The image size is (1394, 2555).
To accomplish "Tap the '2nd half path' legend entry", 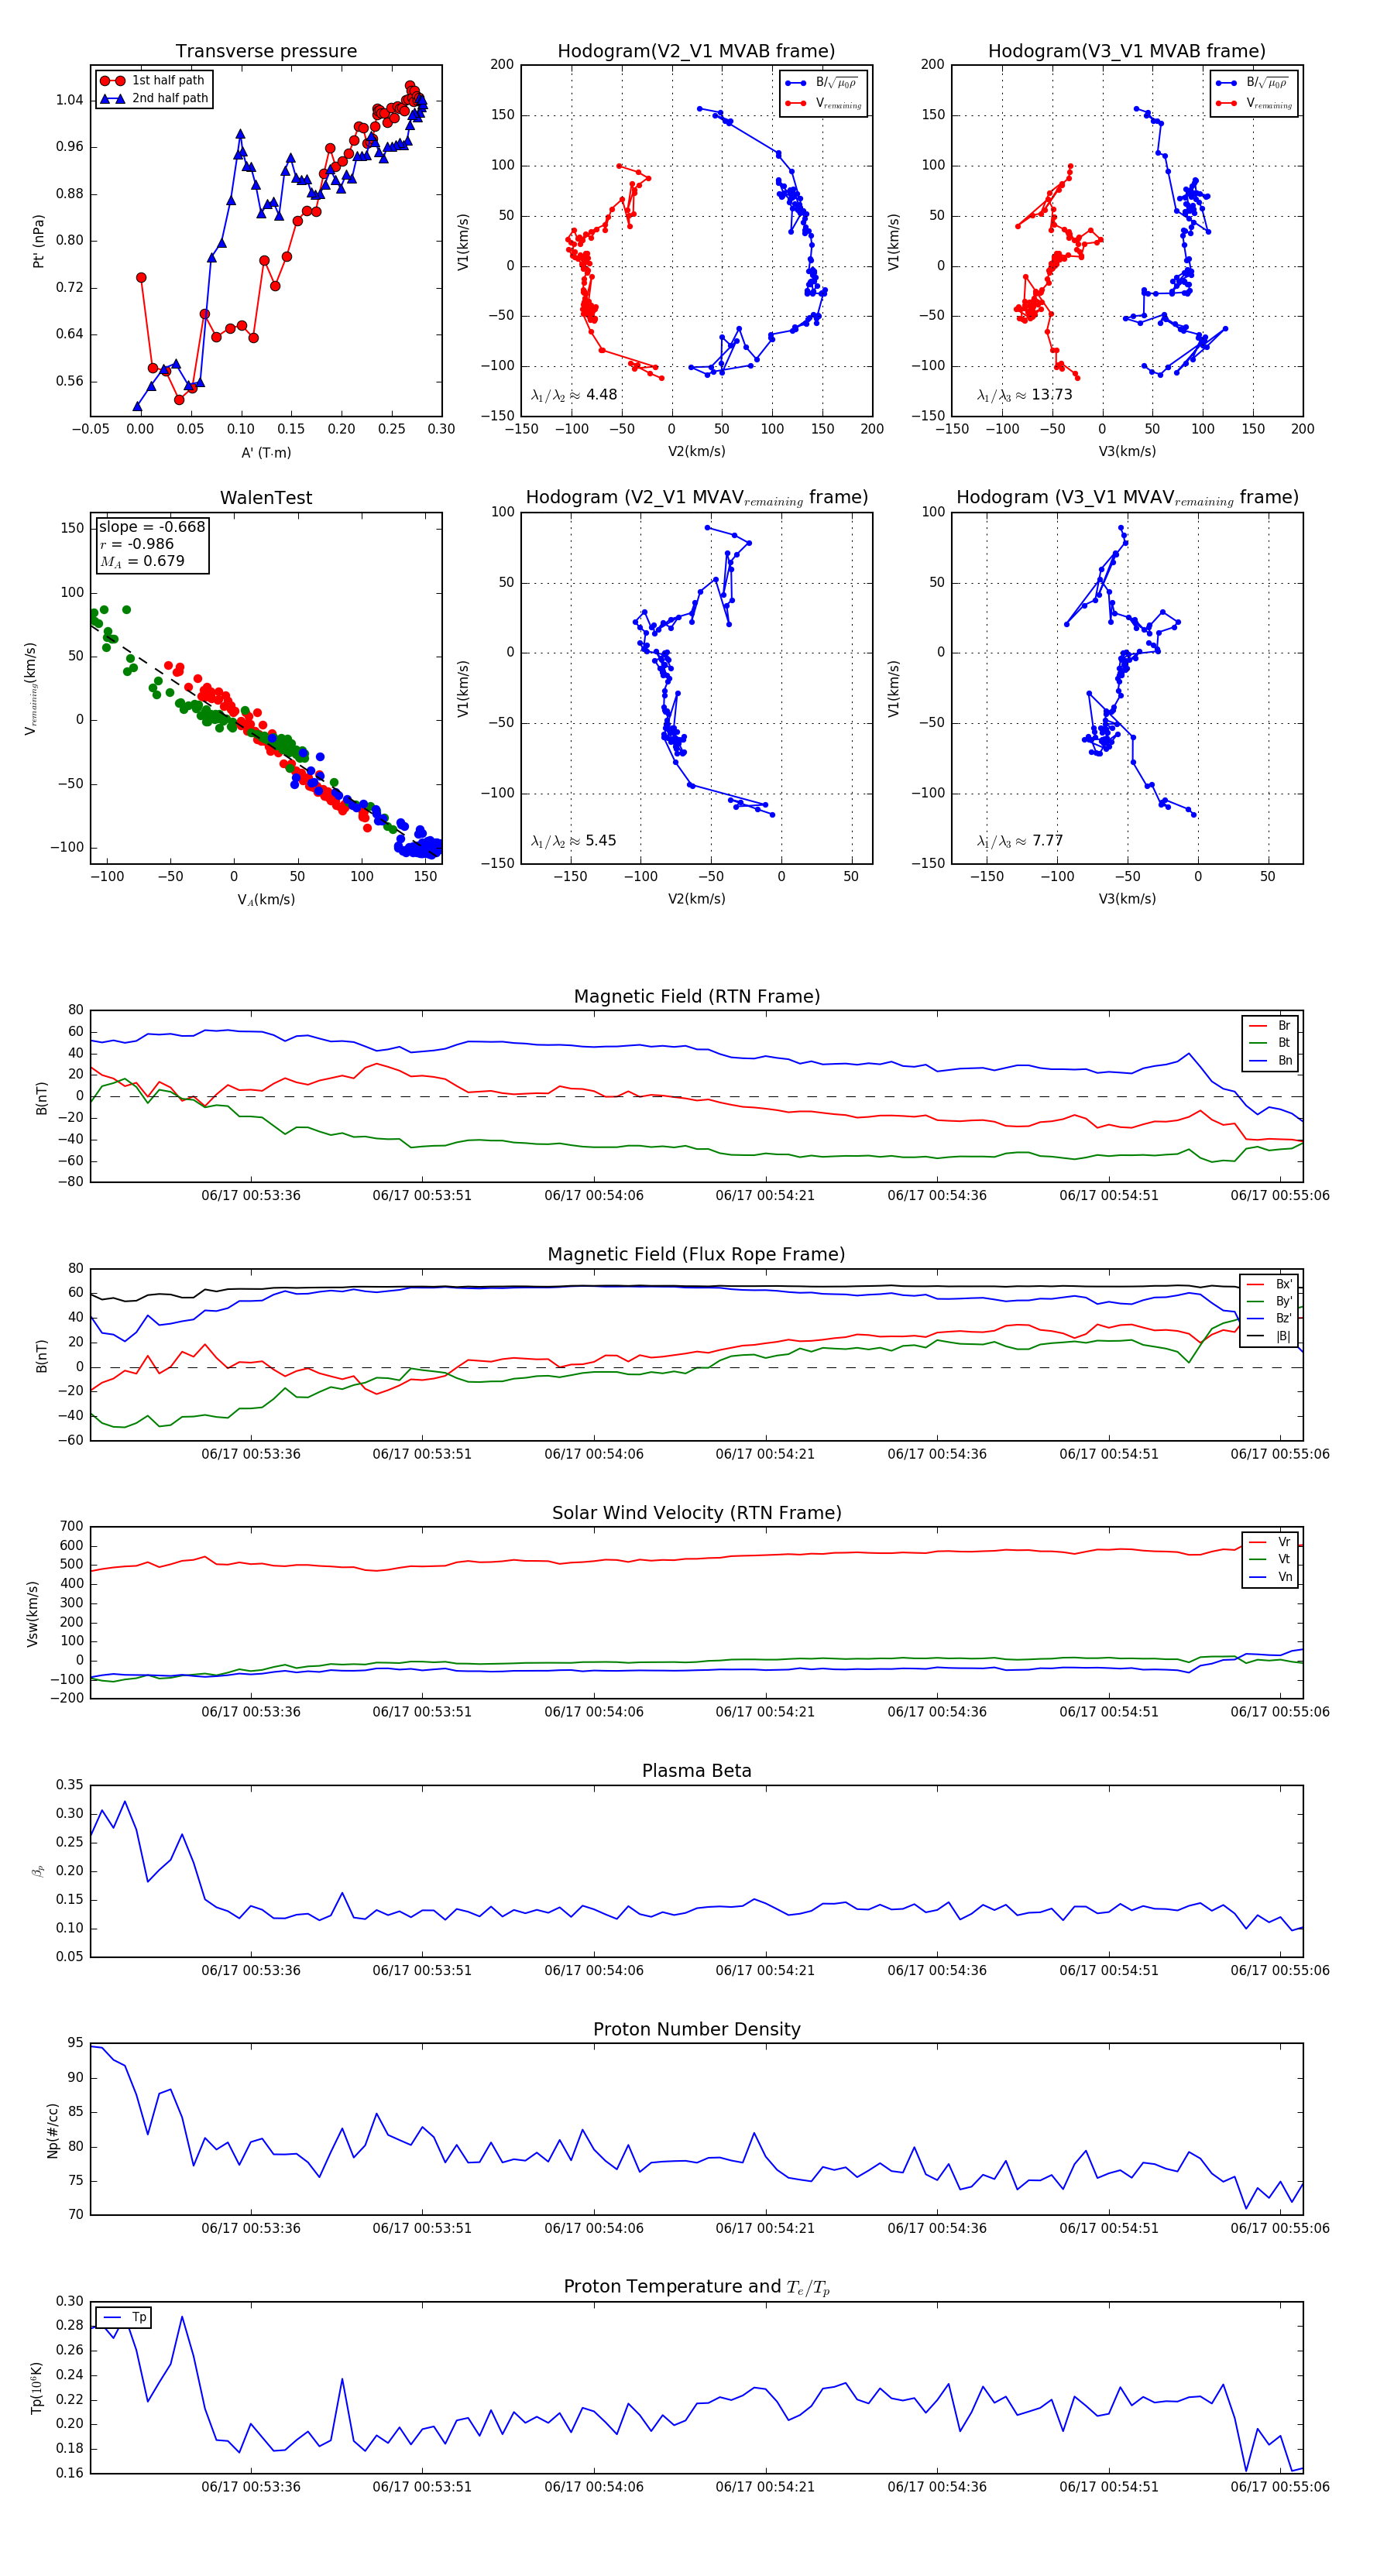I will pos(170,98).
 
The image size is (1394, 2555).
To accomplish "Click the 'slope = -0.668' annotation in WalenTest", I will pos(152,526).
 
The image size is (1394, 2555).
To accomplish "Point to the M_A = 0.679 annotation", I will pos(142,561).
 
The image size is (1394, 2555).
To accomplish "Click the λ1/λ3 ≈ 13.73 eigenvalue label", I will pos(1024,395).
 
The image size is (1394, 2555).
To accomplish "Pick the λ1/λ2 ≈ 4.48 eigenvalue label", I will pos(573,395).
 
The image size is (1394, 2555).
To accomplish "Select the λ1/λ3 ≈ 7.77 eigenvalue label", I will pos(1020,841).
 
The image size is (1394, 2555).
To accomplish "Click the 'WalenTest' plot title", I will pos(266,498).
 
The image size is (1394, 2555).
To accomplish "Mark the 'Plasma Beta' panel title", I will pos(696,1771).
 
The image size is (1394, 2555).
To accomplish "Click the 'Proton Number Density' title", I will pos(696,2029).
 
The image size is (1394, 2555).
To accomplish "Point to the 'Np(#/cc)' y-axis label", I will pos(53,2129).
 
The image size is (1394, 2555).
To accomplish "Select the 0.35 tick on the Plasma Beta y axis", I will pos(70,1785).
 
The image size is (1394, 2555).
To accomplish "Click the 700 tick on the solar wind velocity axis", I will pos(71,1527).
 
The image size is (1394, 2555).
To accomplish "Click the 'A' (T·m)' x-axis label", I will pos(266,452).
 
